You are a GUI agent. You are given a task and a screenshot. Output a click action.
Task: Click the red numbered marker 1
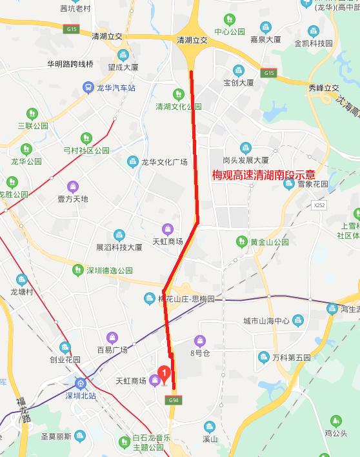[165, 374]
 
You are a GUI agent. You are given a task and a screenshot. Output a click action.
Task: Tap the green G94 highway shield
[172, 400]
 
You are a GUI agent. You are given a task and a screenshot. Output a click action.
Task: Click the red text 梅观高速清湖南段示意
[264, 175]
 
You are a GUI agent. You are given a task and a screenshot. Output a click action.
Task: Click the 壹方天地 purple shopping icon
[72, 186]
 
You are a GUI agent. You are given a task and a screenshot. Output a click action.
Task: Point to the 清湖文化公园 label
[179, 107]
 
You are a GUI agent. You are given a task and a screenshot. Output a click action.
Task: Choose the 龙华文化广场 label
[164, 161]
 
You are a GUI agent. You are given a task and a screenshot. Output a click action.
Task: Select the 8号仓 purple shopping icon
[200, 340]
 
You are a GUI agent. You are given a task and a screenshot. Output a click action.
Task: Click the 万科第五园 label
[291, 357]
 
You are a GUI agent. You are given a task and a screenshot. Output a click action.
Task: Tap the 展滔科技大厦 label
[119, 247]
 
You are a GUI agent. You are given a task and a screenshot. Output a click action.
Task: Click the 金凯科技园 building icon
[314, 31]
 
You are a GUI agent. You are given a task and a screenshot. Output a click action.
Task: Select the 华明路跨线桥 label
[70, 64]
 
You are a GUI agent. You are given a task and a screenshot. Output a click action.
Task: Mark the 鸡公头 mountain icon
[335, 421]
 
